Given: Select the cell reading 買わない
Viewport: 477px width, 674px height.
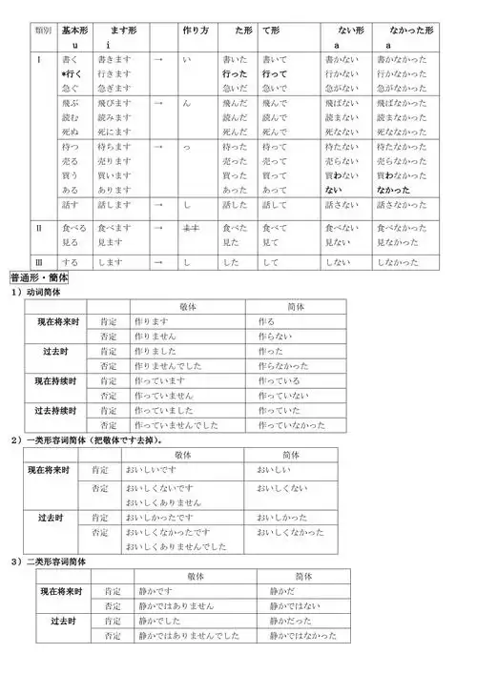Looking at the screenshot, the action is tap(342, 175).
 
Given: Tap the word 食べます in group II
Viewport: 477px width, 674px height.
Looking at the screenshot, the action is tap(114, 229).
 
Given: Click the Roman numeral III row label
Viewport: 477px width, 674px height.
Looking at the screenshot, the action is tap(39, 260).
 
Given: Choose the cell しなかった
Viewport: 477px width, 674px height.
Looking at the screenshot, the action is tap(402, 260).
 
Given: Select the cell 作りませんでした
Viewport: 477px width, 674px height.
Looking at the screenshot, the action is tap(171, 366).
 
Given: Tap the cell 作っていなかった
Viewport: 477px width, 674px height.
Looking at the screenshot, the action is tap(296, 424).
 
